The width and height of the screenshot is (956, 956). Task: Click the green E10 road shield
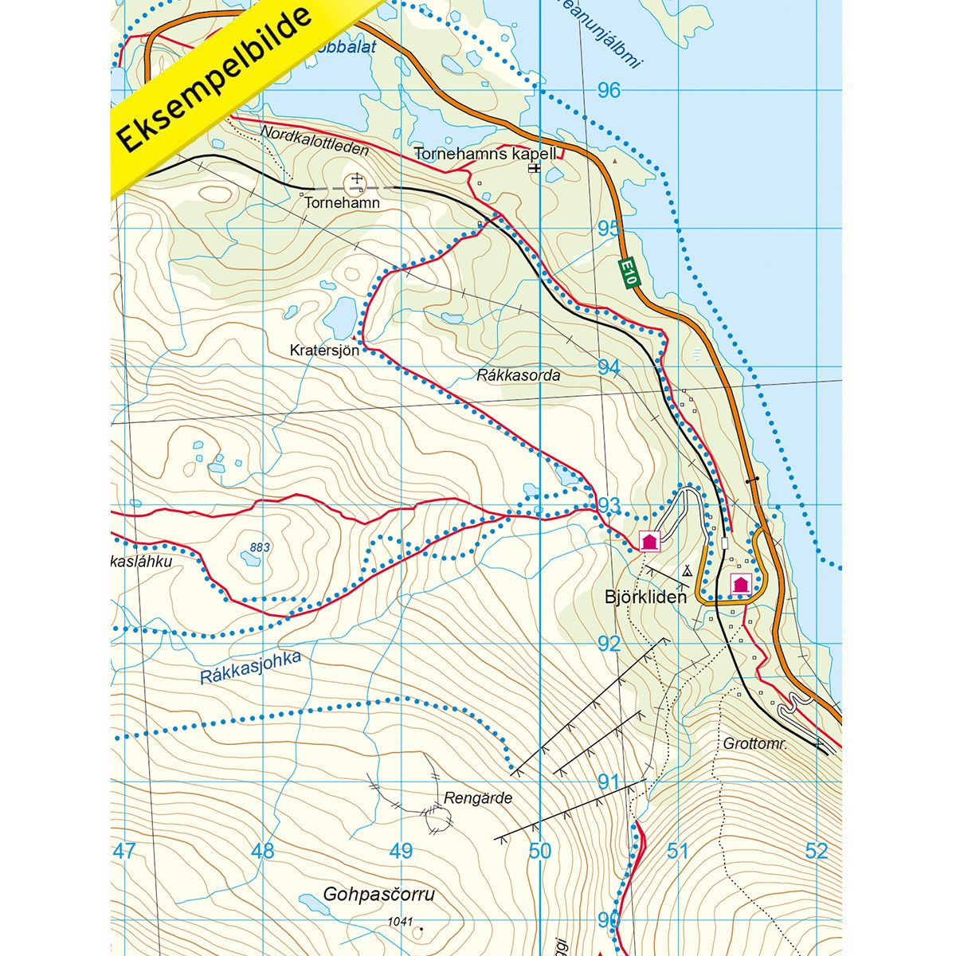[629, 272]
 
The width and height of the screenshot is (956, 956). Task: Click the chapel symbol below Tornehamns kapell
[535, 169]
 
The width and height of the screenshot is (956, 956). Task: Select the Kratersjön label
[325, 350]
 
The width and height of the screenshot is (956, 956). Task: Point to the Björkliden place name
[645, 597]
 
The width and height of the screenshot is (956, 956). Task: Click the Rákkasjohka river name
[250, 668]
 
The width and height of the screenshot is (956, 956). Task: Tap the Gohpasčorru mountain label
[379, 894]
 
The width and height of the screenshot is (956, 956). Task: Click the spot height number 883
[260, 547]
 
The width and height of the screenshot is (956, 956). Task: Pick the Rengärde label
[478, 797]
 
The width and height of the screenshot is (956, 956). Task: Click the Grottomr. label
[755, 744]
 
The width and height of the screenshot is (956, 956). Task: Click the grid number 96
[609, 90]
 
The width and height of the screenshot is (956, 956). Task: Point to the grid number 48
[263, 851]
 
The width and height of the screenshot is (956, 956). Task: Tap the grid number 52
[817, 851]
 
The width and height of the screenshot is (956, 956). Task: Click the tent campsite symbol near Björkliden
[687, 570]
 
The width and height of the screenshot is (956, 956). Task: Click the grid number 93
[609, 506]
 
